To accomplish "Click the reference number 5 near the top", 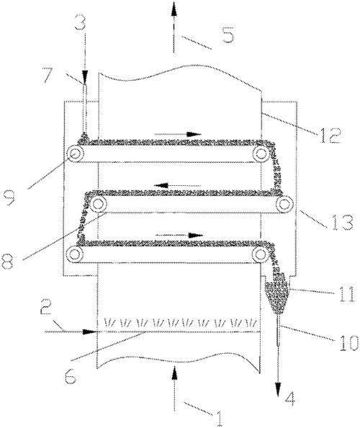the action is [x=228, y=35].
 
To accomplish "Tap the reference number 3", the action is [x=80, y=22].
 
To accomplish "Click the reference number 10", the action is [x=346, y=343].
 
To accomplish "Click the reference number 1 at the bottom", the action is [x=220, y=417].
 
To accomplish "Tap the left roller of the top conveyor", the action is [x=75, y=154].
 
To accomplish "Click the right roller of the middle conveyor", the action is [x=284, y=204].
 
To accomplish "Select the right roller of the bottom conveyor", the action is [x=261, y=254].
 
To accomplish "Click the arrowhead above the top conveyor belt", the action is [x=194, y=134].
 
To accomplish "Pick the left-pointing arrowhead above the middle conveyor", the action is [x=161, y=186].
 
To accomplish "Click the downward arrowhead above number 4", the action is [x=278, y=390].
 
